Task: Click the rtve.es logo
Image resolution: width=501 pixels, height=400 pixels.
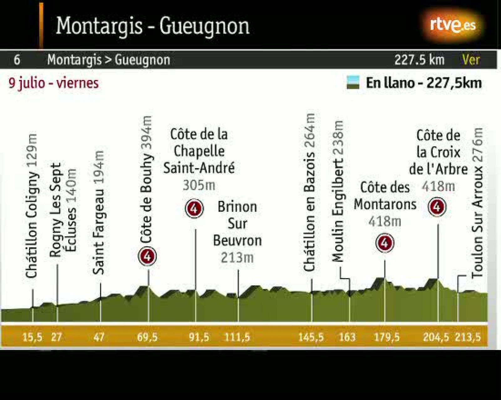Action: tap(453, 25)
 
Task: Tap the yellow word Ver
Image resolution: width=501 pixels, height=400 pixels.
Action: tap(471, 60)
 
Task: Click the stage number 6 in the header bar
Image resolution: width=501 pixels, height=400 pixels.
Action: tap(17, 60)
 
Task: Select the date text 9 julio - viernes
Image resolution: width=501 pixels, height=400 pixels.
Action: tap(54, 83)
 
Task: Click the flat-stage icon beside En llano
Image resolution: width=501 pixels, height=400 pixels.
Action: tap(353, 83)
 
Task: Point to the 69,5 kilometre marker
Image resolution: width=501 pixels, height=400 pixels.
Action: tap(147, 337)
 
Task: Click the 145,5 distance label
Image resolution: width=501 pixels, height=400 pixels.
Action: tap(311, 337)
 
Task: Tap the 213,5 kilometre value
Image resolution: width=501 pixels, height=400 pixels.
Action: tap(468, 337)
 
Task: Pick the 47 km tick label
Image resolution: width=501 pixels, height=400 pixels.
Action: tap(99, 337)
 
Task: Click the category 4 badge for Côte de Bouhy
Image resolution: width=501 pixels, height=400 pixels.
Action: tap(147, 257)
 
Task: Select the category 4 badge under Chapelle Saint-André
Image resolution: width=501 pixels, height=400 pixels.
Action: tap(194, 208)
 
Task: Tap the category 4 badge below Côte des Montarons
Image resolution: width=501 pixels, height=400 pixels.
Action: tap(385, 243)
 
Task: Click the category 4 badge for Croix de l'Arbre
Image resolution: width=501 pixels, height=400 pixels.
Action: tap(437, 207)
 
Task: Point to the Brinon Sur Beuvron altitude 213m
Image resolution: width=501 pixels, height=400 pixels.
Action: tap(237, 258)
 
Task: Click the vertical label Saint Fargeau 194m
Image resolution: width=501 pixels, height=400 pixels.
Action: tap(99, 212)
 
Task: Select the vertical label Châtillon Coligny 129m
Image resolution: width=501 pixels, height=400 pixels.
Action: tap(32, 206)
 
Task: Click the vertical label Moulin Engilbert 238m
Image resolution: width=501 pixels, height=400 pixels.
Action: tap(338, 191)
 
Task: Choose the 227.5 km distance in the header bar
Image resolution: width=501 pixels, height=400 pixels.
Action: tap(419, 60)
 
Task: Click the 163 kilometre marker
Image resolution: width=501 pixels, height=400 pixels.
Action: tap(347, 337)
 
